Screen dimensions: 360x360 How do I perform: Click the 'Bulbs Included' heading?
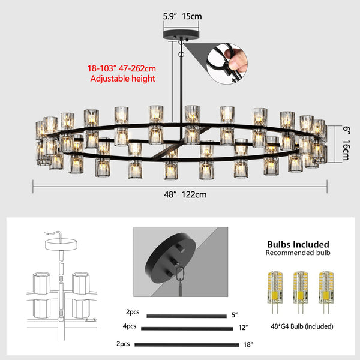298,244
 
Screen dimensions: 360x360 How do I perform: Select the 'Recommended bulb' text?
298,253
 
